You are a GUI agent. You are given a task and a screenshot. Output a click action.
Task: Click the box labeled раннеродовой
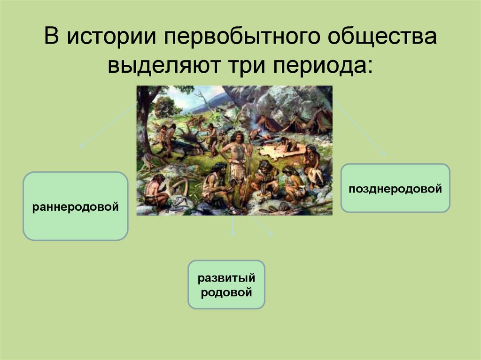(x=75, y=206)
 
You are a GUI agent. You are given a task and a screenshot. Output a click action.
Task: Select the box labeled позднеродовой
(x=395, y=188)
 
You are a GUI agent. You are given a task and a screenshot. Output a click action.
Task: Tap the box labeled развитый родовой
(x=226, y=284)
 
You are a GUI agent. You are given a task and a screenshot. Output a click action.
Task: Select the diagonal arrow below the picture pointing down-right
(x=263, y=226)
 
